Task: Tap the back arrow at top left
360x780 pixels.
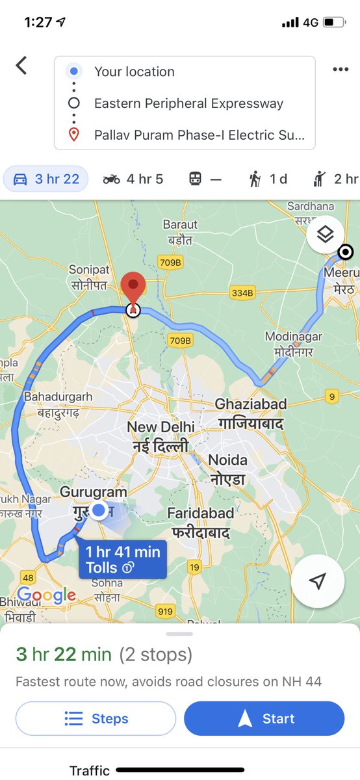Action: point(21,66)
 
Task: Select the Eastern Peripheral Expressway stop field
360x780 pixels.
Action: point(188,103)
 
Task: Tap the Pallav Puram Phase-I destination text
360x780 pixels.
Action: point(199,135)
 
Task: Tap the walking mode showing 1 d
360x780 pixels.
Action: point(268,179)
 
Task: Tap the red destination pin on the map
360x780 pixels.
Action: point(133,289)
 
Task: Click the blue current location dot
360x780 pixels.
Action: point(99,511)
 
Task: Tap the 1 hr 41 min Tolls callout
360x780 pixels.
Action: point(122,560)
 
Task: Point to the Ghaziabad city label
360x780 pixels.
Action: point(250,413)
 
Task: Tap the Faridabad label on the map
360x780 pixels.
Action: point(200,522)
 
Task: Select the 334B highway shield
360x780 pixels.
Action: point(242,293)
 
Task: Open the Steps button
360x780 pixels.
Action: point(96,718)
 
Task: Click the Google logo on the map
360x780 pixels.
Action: point(46,594)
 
